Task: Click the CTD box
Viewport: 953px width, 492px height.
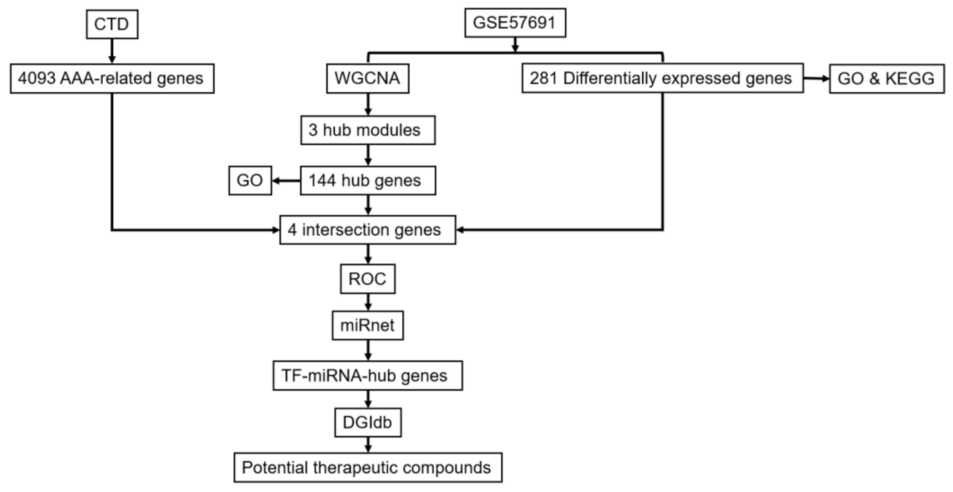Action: [x=112, y=24]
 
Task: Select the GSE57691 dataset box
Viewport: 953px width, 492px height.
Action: [x=515, y=23]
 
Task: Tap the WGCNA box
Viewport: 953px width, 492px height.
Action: [x=368, y=78]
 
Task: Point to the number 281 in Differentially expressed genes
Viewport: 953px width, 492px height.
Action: [x=543, y=78]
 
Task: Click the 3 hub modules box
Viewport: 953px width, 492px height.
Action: [x=368, y=130]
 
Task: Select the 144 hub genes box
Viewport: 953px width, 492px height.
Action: [x=368, y=180]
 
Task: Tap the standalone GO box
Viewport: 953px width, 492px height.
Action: [x=250, y=180]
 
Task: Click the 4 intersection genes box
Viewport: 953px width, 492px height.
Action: [x=368, y=230]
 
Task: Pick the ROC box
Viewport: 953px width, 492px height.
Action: [x=368, y=279]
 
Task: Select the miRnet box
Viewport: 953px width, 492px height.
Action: [x=368, y=325]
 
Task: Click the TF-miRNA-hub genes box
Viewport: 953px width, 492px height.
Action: [x=368, y=375]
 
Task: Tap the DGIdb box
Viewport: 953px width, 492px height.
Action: [x=368, y=422]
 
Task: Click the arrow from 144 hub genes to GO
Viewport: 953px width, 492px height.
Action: [x=286, y=181]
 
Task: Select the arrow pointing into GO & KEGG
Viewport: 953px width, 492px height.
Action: [x=816, y=78]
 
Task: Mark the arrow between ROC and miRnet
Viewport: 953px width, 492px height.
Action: [x=368, y=302]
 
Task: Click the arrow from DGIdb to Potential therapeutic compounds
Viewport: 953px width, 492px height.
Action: [x=368, y=445]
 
